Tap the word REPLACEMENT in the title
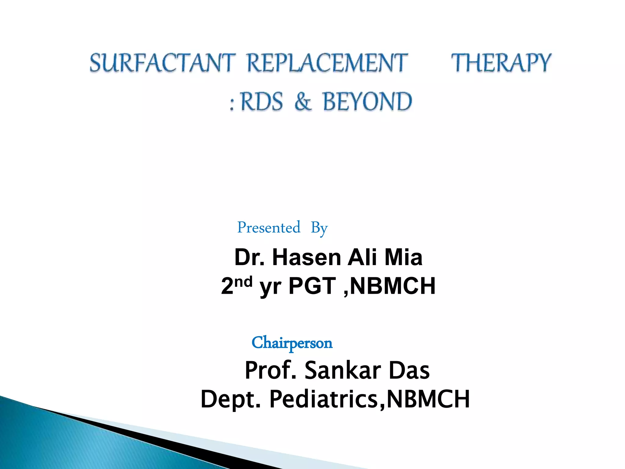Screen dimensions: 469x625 [327, 63]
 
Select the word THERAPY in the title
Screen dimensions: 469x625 [501, 63]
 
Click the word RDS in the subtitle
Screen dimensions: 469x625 [262, 102]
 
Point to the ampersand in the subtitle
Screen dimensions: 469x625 [303, 102]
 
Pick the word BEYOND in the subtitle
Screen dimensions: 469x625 [367, 102]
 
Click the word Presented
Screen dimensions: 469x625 [269, 227]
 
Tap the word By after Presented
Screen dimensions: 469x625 [319, 228]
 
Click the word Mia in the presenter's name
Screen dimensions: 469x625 [403, 257]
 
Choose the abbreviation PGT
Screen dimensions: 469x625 [312, 286]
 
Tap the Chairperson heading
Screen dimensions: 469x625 [292, 343]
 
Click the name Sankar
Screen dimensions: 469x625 [343, 370]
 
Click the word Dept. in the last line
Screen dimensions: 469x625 [231, 399]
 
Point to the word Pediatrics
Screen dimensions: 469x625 [323, 399]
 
